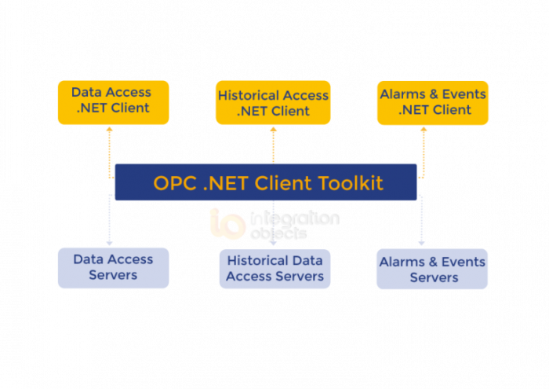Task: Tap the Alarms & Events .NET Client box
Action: coord(433,102)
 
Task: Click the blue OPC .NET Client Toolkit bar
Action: coord(267,183)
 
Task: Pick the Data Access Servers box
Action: coord(113,267)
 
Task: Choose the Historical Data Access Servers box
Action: coord(274,268)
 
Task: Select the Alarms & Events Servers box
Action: coord(433,270)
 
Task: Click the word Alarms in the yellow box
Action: coord(403,94)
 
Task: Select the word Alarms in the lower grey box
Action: coord(402,262)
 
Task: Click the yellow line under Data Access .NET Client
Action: coord(110,145)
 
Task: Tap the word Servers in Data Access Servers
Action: coord(113,276)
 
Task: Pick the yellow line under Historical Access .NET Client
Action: coord(272,143)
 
